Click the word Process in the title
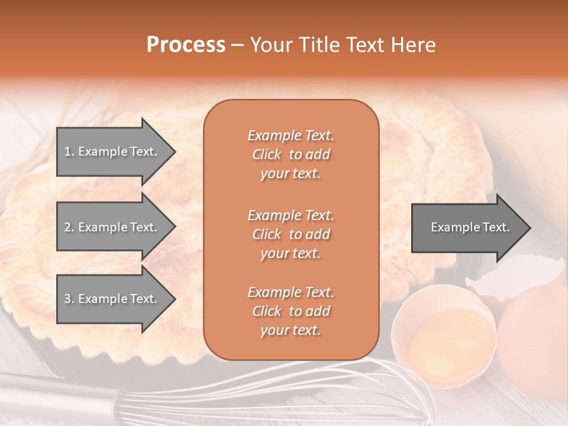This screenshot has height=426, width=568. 186,45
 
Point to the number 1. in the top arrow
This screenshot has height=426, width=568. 69,151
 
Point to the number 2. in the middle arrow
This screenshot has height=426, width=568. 69,227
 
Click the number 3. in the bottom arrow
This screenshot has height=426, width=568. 69,299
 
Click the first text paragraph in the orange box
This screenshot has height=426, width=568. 291,154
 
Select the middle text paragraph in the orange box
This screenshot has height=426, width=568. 291,234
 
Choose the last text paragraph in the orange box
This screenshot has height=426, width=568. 291,311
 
